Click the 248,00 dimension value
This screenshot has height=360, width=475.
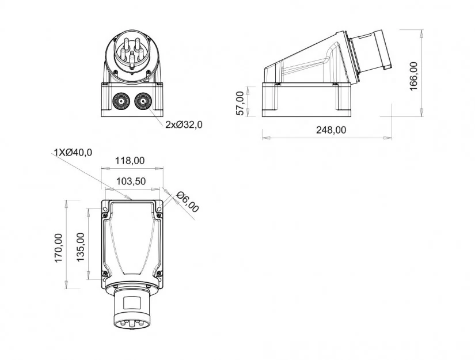[x=331, y=130]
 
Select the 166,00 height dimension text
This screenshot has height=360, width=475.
[x=413, y=76]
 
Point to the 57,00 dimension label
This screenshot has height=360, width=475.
[x=240, y=103]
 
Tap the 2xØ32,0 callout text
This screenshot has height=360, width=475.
[x=184, y=124]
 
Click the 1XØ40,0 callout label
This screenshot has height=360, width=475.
[x=73, y=152]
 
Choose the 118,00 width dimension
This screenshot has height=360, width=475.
[x=130, y=161]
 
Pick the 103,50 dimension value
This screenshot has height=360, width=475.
[x=131, y=181]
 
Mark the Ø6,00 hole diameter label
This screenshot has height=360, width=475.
[x=188, y=202]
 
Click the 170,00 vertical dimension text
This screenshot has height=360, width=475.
[x=59, y=248]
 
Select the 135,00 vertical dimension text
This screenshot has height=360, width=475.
[x=80, y=247]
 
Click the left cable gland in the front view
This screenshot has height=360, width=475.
[x=121, y=101]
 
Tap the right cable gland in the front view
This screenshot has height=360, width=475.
[x=143, y=101]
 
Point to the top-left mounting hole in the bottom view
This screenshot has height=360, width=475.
[x=105, y=209]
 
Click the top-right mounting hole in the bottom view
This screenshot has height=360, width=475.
[x=159, y=209]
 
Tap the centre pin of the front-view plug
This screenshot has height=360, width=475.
[x=132, y=56]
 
